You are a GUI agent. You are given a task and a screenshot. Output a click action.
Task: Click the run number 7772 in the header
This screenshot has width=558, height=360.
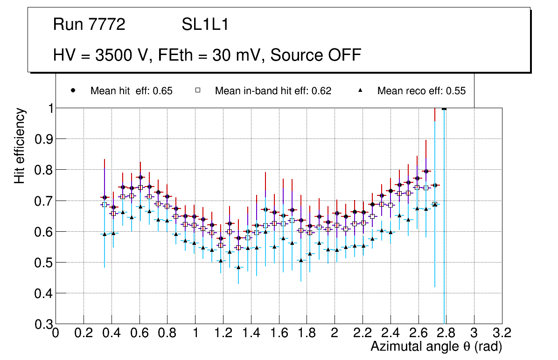click(107, 25)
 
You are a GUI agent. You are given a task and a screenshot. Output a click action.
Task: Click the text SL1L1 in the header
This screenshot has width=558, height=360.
click(205, 25)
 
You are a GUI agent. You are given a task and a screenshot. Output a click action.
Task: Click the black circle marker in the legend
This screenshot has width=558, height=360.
click(73, 90)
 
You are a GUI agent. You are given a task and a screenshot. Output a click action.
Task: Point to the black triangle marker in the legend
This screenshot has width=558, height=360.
click(360, 90)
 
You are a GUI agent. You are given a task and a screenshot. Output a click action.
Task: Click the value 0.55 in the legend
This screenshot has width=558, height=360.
click(456, 91)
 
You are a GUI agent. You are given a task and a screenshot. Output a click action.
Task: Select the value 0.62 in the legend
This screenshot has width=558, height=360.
click(322, 91)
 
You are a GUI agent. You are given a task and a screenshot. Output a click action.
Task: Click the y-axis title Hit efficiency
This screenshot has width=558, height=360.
click(20, 146)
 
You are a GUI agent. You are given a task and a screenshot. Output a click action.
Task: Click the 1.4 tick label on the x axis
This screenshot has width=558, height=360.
click(251, 333)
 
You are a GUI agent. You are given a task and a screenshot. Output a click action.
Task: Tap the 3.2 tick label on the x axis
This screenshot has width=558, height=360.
click(502, 333)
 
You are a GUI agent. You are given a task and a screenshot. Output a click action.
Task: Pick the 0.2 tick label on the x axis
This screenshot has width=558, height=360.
click(84, 333)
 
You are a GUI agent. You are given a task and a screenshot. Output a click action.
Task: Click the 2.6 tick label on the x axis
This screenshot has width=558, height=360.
click(418, 333)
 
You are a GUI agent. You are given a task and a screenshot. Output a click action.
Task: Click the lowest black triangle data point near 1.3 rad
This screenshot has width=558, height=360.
click(238, 267)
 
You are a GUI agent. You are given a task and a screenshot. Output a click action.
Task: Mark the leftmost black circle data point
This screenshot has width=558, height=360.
click(105, 197)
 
